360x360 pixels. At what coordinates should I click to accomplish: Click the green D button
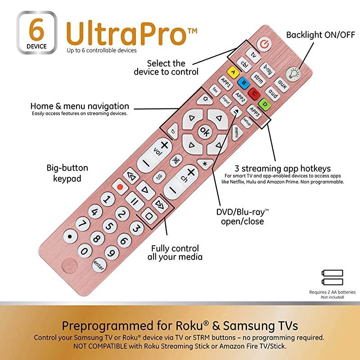coord(265,105)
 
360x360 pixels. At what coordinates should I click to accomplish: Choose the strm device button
coord(257,77)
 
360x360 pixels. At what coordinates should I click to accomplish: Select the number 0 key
coord(83,250)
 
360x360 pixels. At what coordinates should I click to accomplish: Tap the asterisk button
coord(205,163)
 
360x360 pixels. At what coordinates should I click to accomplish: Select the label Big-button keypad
coord(67,172)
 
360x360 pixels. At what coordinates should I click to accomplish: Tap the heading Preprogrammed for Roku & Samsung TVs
coord(180,325)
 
